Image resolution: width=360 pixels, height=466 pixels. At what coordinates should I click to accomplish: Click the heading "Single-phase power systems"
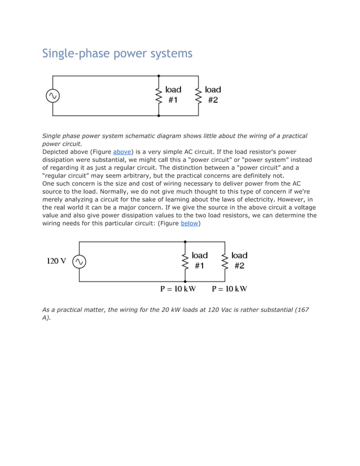[117, 54]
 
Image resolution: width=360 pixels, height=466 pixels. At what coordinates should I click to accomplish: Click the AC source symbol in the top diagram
[52, 96]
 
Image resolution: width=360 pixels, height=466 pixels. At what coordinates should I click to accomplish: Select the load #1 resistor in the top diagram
[159, 95]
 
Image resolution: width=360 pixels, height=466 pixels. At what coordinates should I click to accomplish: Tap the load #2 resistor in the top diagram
[198, 95]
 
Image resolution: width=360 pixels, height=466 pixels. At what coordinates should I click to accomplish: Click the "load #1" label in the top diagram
[173, 95]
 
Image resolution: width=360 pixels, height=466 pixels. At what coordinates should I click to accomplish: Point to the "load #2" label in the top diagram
[213, 95]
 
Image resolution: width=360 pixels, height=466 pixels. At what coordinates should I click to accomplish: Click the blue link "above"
[122, 152]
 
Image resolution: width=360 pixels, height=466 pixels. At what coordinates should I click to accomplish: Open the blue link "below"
[189, 223]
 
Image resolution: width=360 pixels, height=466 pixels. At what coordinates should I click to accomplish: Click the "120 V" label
[56, 261]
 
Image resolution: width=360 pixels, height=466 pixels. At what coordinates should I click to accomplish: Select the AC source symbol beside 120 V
[79, 261]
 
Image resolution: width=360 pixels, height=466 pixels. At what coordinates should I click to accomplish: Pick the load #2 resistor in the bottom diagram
[225, 261]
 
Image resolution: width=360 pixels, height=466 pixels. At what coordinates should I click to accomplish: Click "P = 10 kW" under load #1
[178, 289]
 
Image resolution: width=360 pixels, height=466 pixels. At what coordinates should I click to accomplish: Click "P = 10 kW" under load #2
[229, 289]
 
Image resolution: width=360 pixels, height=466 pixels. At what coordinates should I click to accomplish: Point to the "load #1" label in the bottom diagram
[200, 261]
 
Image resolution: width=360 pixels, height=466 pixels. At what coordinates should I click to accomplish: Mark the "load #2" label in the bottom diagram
[239, 261]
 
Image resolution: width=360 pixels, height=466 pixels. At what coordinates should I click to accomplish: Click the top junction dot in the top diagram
[159, 76]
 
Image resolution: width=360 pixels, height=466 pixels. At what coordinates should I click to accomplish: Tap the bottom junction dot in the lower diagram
[185, 281]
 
